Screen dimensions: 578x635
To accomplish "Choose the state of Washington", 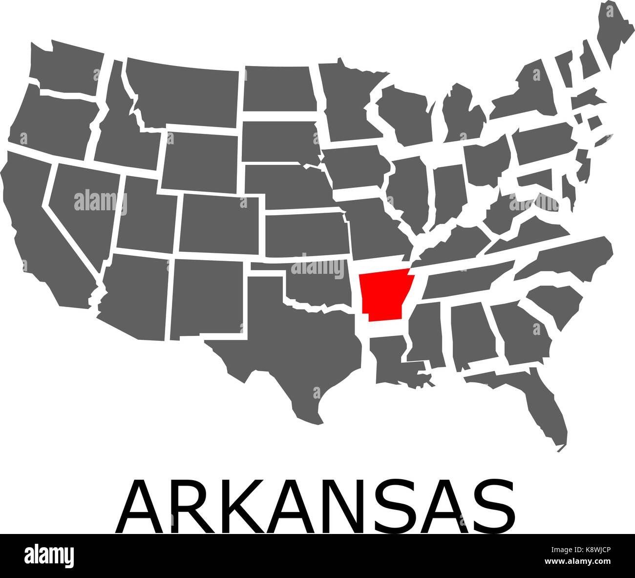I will click(68, 68).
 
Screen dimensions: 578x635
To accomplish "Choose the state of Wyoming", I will click(200, 156).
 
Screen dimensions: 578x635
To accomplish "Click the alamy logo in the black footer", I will click(49, 556).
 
